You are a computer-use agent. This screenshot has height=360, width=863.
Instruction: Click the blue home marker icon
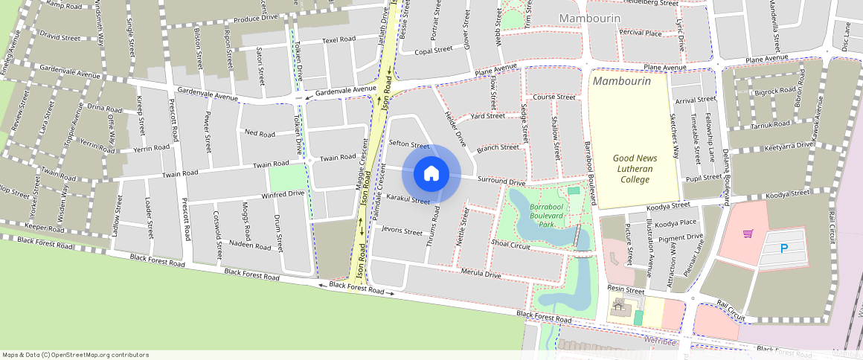tap(431, 174)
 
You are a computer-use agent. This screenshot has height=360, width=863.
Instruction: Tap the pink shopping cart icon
tap(748, 234)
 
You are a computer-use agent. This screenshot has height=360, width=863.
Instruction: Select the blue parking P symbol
tap(784, 249)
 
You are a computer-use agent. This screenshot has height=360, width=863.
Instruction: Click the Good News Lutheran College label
tap(632, 168)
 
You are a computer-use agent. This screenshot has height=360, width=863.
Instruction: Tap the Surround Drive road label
tap(501, 181)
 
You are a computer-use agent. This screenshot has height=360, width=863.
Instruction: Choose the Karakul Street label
tap(408, 199)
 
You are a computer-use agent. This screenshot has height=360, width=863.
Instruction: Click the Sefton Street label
tap(409, 144)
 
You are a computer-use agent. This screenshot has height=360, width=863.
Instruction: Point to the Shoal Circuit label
tap(510, 244)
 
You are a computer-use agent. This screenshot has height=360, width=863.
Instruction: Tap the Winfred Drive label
tap(283, 194)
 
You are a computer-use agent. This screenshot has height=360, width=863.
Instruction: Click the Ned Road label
tap(260, 134)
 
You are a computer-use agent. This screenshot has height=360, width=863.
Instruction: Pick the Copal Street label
tap(434, 51)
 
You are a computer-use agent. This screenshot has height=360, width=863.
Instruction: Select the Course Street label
tap(554, 97)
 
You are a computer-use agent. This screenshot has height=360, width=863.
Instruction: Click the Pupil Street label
tap(703, 178)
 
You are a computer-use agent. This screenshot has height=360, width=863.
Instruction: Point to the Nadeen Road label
tap(250, 245)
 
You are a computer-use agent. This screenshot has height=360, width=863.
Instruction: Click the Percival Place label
tap(641, 33)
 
